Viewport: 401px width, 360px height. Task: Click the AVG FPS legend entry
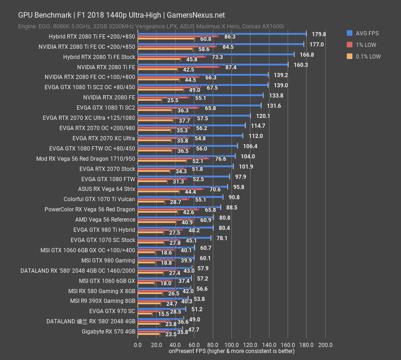coord(367,33)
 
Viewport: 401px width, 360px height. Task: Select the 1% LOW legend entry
coord(366,45)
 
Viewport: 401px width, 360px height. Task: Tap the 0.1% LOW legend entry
coord(368,56)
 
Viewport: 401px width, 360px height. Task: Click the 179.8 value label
coord(319,34)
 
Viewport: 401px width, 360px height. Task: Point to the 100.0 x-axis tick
coord(231,345)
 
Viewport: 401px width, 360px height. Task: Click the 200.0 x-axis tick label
coord(325,345)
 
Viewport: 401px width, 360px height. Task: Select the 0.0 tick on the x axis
coord(138,345)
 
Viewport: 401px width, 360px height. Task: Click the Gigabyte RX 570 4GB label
coord(108,331)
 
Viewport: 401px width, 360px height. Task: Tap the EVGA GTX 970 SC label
coord(112,311)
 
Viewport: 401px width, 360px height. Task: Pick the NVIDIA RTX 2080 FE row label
coord(109,98)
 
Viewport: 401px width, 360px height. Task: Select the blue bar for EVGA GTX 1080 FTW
coord(184,177)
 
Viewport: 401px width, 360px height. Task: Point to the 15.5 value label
coord(163,314)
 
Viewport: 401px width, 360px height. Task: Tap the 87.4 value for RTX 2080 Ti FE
coord(231,67)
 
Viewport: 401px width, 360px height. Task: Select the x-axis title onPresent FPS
coord(231,351)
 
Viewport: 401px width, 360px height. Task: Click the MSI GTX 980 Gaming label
coord(108,260)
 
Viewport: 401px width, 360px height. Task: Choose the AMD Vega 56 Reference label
coord(105,219)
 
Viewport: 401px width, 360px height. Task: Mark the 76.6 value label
coord(221,158)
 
